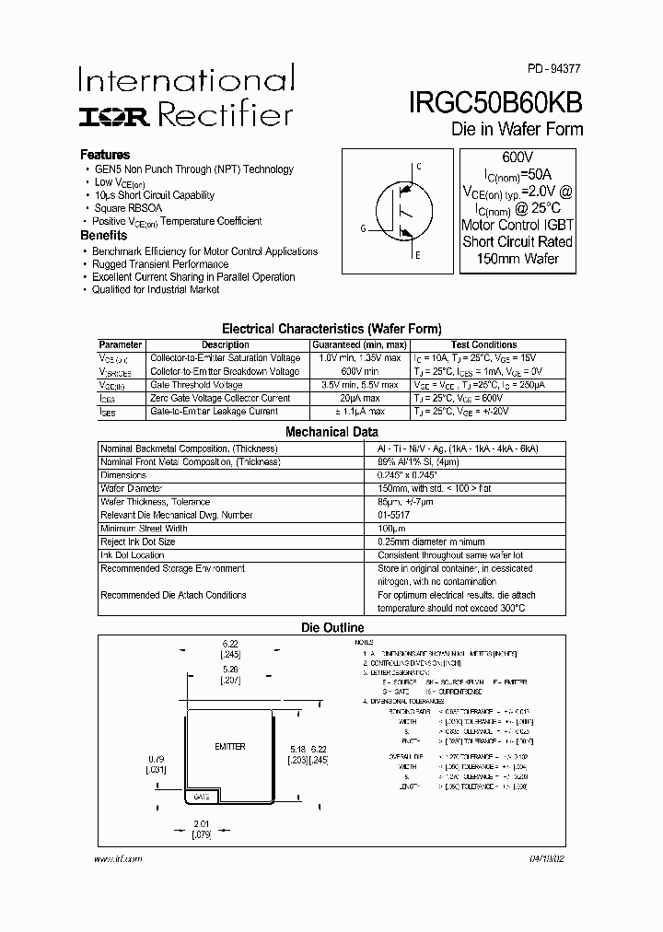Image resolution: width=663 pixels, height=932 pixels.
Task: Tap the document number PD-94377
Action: click(554, 69)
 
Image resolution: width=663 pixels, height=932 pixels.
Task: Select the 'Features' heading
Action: click(105, 155)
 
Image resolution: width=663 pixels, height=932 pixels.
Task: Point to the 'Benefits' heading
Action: click(104, 236)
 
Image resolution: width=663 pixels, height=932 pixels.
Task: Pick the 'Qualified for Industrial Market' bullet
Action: click(156, 289)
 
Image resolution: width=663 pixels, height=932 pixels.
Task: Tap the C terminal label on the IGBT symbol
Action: click(418, 167)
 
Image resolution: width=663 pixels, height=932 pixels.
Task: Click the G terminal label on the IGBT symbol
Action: click(364, 228)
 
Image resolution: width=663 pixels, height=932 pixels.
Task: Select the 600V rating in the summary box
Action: click(517, 157)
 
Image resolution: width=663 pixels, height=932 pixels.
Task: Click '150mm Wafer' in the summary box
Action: click(517, 258)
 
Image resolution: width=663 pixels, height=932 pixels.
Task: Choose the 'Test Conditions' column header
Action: click(483, 344)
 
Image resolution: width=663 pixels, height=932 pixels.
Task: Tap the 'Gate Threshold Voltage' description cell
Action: click(196, 385)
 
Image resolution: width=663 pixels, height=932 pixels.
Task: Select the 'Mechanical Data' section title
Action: click(331, 431)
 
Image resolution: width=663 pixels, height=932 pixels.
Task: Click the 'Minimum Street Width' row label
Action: click(144, 529)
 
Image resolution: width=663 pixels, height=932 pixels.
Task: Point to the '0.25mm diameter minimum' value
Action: click(431, 542)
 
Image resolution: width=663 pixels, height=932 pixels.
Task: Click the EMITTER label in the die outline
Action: click(229, 747)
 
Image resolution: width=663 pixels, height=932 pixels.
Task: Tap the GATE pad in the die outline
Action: click(201, 796)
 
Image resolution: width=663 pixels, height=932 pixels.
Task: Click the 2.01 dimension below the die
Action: click(204, 824)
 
